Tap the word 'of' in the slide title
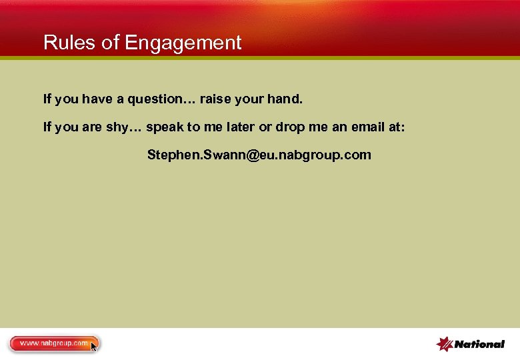109,43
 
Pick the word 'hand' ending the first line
285,99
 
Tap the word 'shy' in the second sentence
117,127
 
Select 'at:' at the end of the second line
395,127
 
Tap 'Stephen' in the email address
169,155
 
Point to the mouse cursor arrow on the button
93,346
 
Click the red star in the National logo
445,343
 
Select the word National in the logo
479,345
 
